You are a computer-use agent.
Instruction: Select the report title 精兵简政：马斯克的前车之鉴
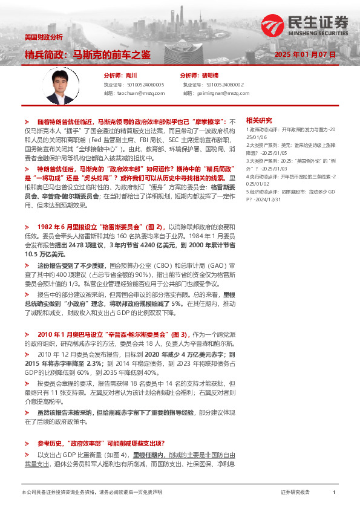pyautogui.click(x=87, y=55)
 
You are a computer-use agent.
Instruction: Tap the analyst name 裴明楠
pyautogui.click(x=211, y=76)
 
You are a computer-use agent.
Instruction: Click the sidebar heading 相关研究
pyautogui.click(x=259, y=121)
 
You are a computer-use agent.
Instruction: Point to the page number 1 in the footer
pyautogui.click(x=334, y=493)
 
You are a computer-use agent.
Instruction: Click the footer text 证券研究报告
pyautogui.click(x=295, y=493)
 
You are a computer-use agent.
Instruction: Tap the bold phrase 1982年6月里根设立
pyautogui.click(x=73, y=209)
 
